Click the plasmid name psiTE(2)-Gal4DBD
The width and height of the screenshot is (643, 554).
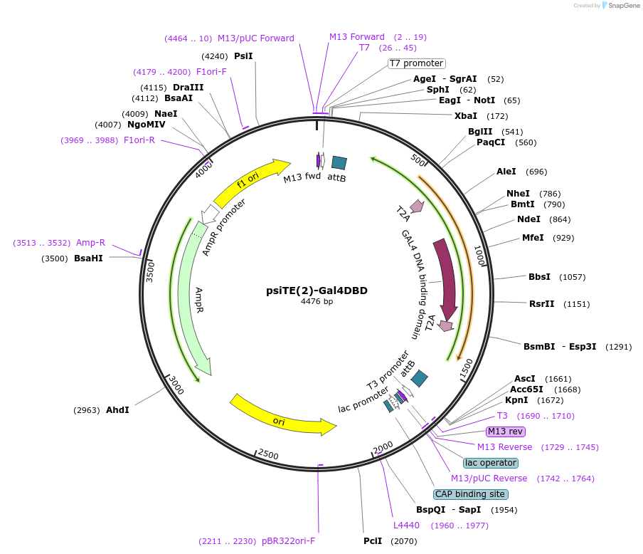(x=317, y=290)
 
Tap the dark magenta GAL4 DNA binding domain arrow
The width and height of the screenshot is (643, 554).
(x=447, y=278)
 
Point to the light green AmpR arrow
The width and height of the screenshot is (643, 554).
(x=195, y=299)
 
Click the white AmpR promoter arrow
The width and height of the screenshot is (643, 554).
(x=211, y=213)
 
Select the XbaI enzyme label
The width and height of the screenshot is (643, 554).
(x=466, y=115)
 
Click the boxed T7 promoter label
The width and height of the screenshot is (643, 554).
(x=416, y=63)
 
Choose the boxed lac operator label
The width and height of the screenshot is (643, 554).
(x=490, y=463)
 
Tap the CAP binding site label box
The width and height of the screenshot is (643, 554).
(x=471, y=494)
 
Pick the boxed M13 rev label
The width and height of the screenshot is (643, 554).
(x=505, y=432)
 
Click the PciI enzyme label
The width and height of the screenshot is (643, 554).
(x=373, y=541)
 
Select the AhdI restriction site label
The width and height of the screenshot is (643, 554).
(x=117, y=410)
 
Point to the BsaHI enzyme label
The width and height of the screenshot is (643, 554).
(x=88, y=258)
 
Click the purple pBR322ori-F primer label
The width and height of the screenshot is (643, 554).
(x=288, y=541)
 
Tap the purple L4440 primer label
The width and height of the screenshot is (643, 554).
(x=406, y=526)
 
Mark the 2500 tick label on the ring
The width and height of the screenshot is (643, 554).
(x=268, y=454)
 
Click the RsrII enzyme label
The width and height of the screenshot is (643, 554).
(x=541, y=304)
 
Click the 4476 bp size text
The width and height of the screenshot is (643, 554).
(x=317, y=301)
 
